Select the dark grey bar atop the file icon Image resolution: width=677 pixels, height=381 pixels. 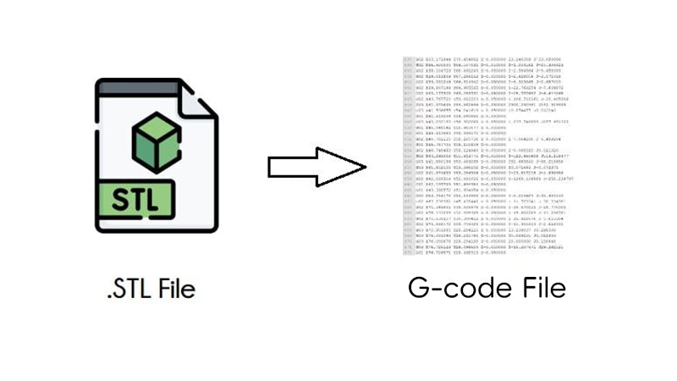(140, 84)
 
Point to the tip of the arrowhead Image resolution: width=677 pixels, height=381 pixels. (365, 166)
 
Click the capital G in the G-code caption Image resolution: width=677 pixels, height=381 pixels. (418, 289)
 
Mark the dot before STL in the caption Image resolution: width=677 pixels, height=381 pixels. (109, 297)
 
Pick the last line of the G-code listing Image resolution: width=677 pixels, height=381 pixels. (474, 254)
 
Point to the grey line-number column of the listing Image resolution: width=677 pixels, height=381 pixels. (407, 157)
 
